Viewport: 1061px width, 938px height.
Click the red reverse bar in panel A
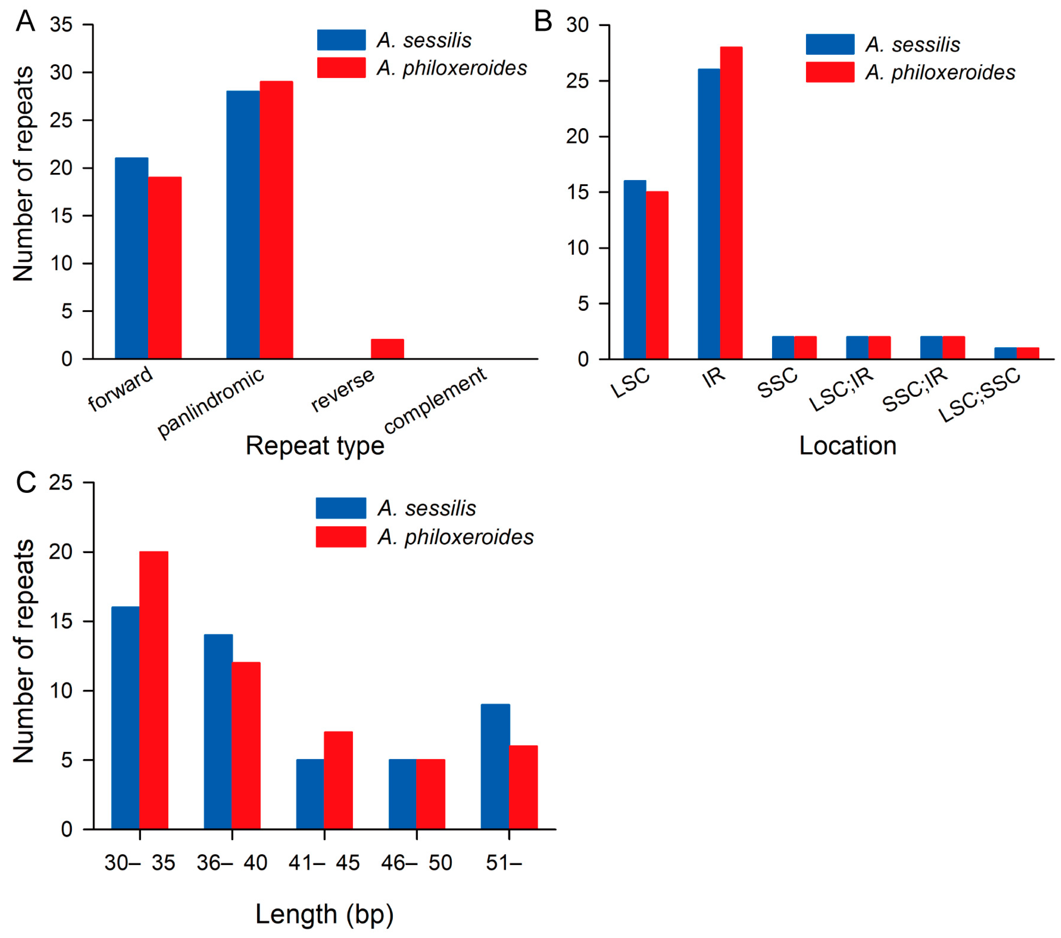[x=387, y=349]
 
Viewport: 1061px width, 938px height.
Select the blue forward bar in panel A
[x=131, y=258]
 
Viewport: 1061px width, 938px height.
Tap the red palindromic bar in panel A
[x=276, y=220]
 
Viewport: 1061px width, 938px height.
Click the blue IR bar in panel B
[x=709, y=213]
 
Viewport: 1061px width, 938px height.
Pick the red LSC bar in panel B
[x=657, y=275]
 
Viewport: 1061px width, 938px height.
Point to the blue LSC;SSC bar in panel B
[x=1005, y=353]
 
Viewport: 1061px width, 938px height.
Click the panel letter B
[x=543, y=22]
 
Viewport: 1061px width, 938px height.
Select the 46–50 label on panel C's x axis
[x=416, y=863]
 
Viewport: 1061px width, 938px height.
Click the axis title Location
[x=848, y=445]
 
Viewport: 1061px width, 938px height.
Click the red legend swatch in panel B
[x=830, y=72]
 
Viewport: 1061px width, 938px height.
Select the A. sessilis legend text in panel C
[x=427, y=508]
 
